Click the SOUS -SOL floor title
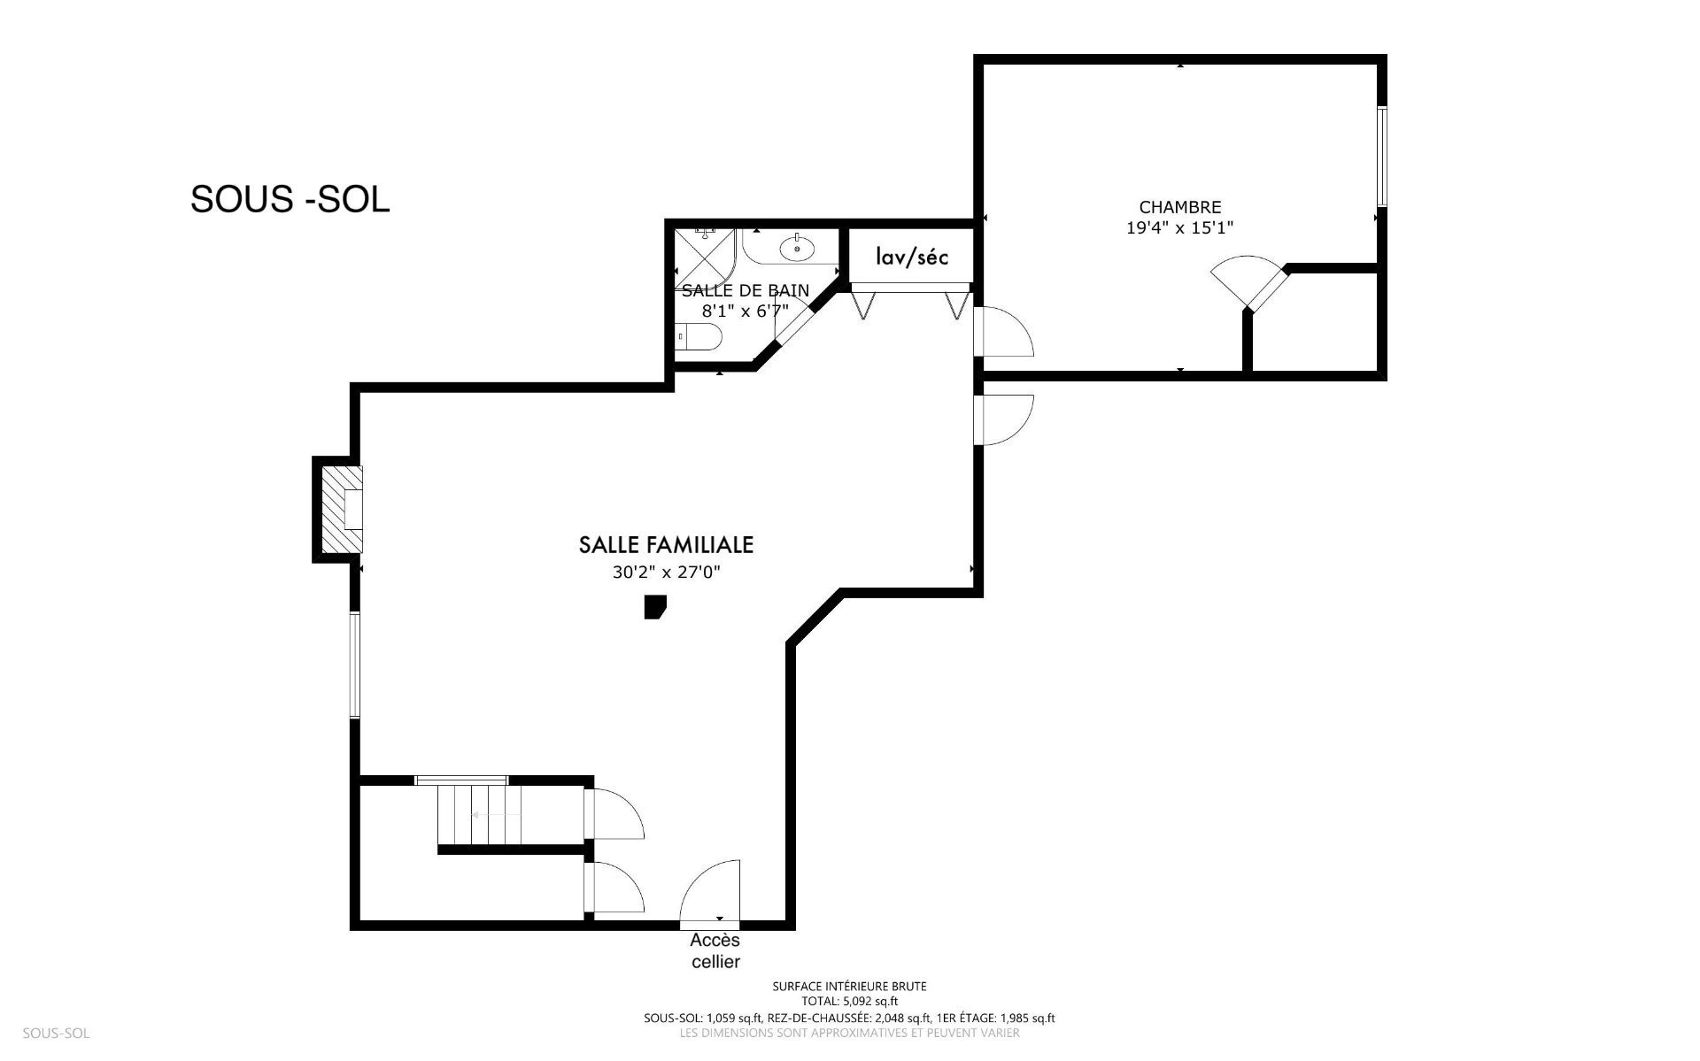tap(290, 199)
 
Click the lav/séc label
tap(911, 257)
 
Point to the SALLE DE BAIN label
tap(745, 290)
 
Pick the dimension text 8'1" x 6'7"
tap(745, 311)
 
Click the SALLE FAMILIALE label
tap(666, 545)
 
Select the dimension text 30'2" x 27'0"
tap(666, 573)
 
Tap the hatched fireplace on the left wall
tap(342, 510)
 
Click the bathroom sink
tap(799, 249)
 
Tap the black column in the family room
tap(654, 607)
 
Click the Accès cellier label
tap(715, 951)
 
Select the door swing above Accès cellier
tap(709, 892)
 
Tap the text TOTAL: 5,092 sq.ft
tap(849, 1001)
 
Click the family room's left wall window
tap(354, 665)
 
